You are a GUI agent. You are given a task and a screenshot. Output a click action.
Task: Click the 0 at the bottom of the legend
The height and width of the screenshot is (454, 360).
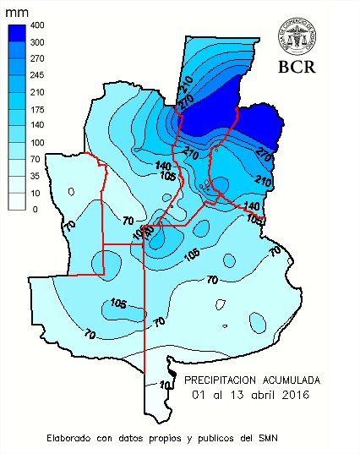click(35, 209)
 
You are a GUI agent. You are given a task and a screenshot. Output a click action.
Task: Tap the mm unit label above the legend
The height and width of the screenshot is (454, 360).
click(16, 12)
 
